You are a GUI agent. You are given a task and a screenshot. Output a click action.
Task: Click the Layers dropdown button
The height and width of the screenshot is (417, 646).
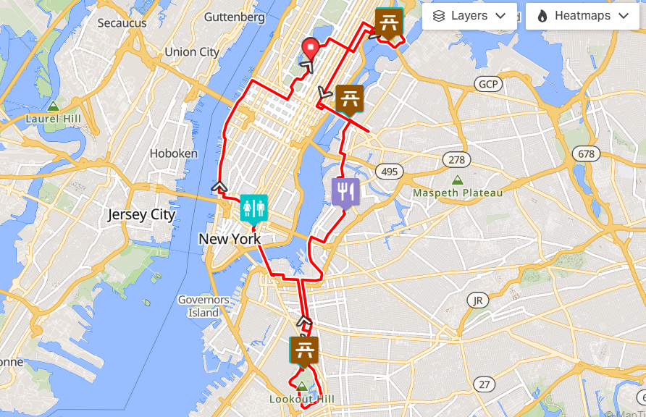coord(469,16)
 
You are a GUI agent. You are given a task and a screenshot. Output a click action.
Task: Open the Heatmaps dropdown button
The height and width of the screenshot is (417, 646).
coord(582,16)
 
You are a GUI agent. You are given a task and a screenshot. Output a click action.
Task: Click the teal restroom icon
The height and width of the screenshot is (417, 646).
coord(254,208)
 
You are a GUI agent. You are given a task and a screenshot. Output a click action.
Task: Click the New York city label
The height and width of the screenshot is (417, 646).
coord(230,239)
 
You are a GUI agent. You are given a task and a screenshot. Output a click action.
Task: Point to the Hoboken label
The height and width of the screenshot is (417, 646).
coord(173,153)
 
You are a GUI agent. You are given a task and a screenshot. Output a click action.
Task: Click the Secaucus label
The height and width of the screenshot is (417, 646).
coord(122,23)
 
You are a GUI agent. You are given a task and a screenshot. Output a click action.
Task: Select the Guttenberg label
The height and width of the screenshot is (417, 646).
coord(234,17)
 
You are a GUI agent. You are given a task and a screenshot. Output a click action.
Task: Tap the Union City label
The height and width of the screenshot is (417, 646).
coord(191,52)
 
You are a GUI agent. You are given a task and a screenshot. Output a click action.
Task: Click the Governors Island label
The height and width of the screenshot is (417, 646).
coord(204,306)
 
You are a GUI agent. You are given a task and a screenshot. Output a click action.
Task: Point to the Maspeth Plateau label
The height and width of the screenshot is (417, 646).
coord(458,193)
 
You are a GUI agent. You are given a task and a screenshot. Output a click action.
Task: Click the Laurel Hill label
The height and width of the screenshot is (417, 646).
coord(52,118)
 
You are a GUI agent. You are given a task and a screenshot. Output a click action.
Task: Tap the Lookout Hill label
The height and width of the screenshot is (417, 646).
coord(301,399)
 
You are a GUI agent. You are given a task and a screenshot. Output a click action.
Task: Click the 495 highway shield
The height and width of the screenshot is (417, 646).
coord(389,172)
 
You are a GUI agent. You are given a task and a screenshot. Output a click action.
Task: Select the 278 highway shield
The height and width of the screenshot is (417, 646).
coord(456,159)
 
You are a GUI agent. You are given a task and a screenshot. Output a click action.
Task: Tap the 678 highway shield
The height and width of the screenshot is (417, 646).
coord(585,153)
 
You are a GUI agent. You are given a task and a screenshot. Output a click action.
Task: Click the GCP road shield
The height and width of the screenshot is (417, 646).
coord(488,85)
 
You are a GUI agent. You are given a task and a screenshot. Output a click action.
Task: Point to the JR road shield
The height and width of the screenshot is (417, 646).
coord(477,300)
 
